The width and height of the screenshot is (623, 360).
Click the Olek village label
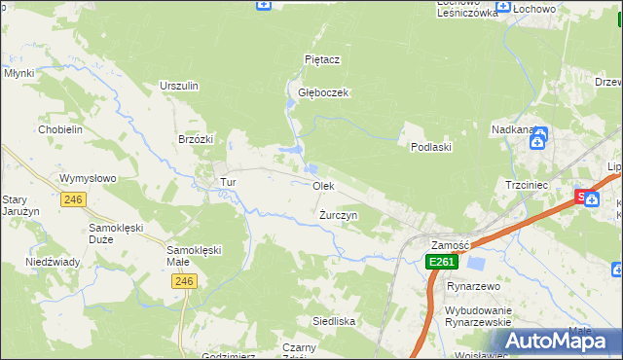coord(323,185)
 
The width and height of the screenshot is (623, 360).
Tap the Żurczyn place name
coord(339,214)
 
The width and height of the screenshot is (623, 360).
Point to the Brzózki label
coord(196,139)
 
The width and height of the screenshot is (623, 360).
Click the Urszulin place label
coord(179,86)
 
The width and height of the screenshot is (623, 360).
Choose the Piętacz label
coord(321,59)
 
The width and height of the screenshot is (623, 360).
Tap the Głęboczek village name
coord(323,92)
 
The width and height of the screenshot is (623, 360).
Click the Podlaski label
coord(429,147)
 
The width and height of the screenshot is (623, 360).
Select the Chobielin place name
coord(58,129)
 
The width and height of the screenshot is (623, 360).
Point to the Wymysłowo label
coord(88,178)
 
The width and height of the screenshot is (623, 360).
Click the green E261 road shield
coord(441,262)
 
